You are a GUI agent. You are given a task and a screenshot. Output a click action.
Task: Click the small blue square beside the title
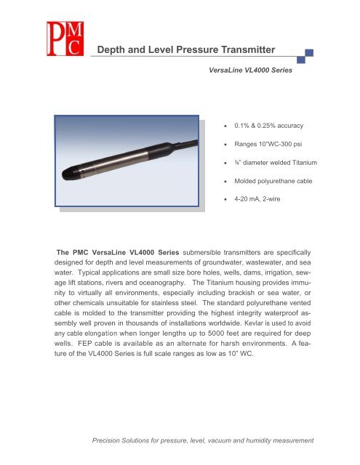[x=309, y=53]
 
